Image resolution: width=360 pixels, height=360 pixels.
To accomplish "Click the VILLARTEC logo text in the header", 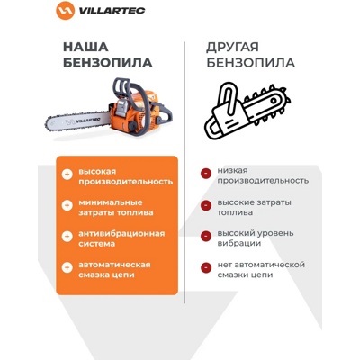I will click(109, 11).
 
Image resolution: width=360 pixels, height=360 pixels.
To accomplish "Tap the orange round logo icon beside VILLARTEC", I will click(65, 11).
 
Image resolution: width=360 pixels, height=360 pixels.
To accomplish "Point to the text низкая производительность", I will click(256, 175).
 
